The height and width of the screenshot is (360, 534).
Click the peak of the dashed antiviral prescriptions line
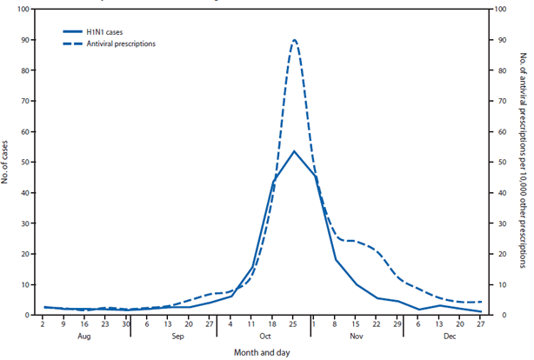[x=294, y=40]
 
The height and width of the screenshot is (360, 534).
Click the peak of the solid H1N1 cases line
[x=294, y=151]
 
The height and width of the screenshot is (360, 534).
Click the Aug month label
[x=85, y=334]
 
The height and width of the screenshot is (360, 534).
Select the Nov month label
[x=357, y=334]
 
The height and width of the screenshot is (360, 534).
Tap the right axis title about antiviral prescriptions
[x=522, y=163]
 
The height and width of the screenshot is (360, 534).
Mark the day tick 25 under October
[x=294, y=323]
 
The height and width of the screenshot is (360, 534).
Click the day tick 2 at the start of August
[x=43, y=323]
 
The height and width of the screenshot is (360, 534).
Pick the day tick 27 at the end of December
[x=480, y=323]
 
